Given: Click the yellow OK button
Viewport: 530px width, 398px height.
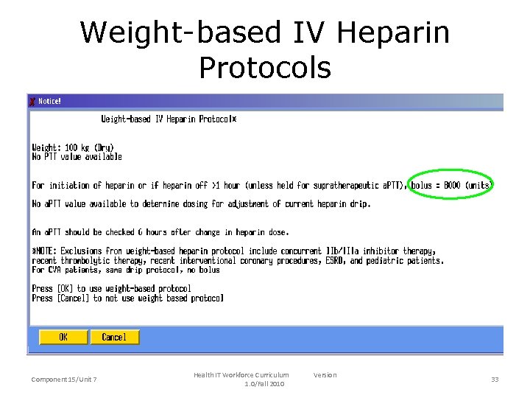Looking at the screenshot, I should pyautogui.click(x=63, y=337).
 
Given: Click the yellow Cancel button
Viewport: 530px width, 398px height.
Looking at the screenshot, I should pyautogui.click(x=114, y=337).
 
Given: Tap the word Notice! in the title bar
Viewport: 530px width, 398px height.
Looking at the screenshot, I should pyautogui.click(x=50, y=101).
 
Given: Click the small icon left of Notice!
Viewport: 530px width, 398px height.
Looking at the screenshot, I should pyautogui.click(x=32, y=101).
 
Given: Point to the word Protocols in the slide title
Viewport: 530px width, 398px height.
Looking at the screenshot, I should pyautogui.click(x=265, y=67).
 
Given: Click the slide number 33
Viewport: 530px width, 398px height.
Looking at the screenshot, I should pyautogui.click(x=495, y=379).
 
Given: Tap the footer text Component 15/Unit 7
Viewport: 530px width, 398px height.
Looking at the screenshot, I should pyautogui.click(x=64, y=380).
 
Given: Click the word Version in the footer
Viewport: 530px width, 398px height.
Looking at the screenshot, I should pyautogui.click(x=325, y=375).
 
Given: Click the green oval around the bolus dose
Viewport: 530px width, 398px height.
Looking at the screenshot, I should pyautogui.click(x=451, y=185).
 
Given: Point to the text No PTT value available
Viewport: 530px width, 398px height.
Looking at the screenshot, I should pyautogui.click(x=77, y=157).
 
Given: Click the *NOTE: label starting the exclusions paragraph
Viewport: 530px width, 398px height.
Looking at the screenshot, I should pyautogui.click(x=46, y=251).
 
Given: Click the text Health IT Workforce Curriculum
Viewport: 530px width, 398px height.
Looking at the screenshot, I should pyautogui.click(x=241, y=375).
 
